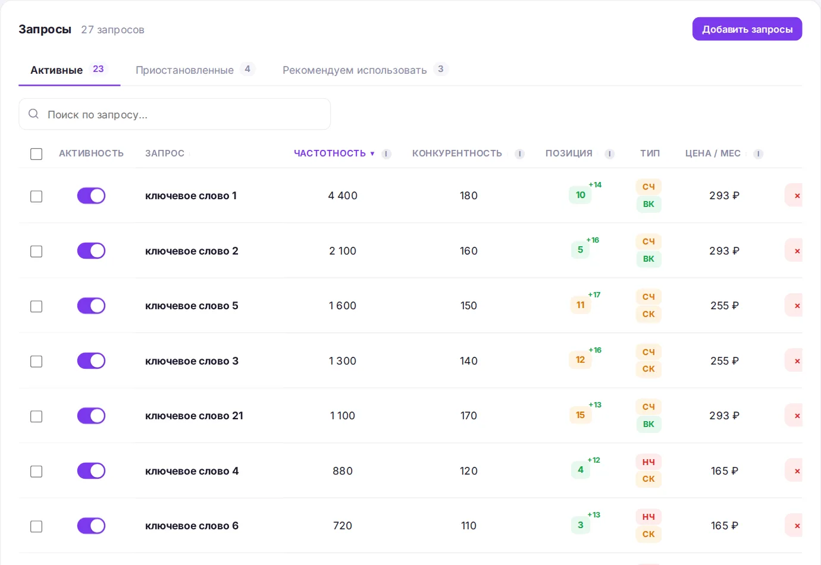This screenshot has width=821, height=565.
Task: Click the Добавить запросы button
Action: coord(747,29)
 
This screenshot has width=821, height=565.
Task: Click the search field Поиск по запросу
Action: coord(174,114)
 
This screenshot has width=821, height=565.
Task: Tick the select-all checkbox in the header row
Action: coord(36,154)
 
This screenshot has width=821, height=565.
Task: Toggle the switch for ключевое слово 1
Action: coord(91,196)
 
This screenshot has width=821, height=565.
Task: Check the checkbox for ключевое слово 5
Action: coord(36,306)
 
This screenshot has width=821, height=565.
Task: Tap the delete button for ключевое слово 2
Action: coord(795,251)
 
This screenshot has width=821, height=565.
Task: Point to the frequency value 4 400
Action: coord(343,196)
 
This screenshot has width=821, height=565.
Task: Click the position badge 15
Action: coord(580,415)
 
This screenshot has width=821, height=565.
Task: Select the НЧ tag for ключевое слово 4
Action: coord(648,462)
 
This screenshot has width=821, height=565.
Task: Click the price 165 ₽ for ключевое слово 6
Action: coord(725,526)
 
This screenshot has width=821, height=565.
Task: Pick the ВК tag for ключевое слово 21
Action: coord(648,424)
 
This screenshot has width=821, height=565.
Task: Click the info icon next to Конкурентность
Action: coord(519,154)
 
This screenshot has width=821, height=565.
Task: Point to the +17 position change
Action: coord(594,295)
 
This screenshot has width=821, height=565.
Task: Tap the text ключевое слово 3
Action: coord(192,361)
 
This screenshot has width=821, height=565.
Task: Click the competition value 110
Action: coord(469,526)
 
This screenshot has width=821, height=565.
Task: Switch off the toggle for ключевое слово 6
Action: coord(91,526)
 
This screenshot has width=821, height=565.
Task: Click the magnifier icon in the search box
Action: coord(34,114)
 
